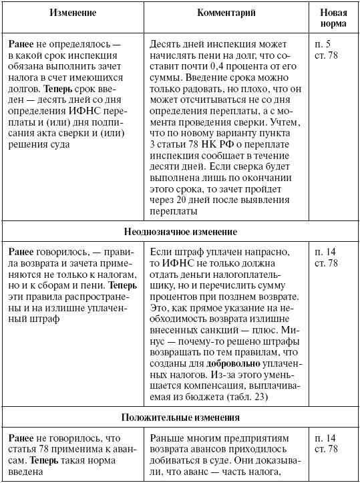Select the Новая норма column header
pos(333,18)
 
